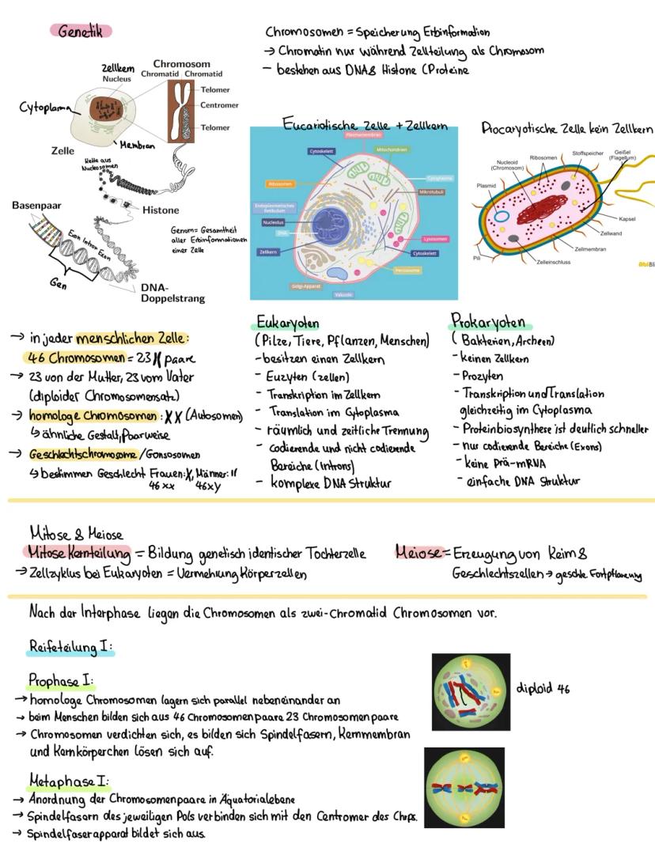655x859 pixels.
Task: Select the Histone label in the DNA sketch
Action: pos(161,210)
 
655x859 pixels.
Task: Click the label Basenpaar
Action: pos(37,205)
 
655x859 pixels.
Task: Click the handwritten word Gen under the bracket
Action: pos(59,286)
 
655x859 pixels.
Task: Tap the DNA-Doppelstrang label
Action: pos(172,293)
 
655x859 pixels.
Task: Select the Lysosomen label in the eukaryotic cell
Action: pos(435,238)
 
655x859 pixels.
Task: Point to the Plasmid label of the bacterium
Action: pos(487,187)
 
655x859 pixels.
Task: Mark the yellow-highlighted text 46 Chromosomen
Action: pos(77,357)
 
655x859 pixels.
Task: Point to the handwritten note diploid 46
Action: pos(543,688)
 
